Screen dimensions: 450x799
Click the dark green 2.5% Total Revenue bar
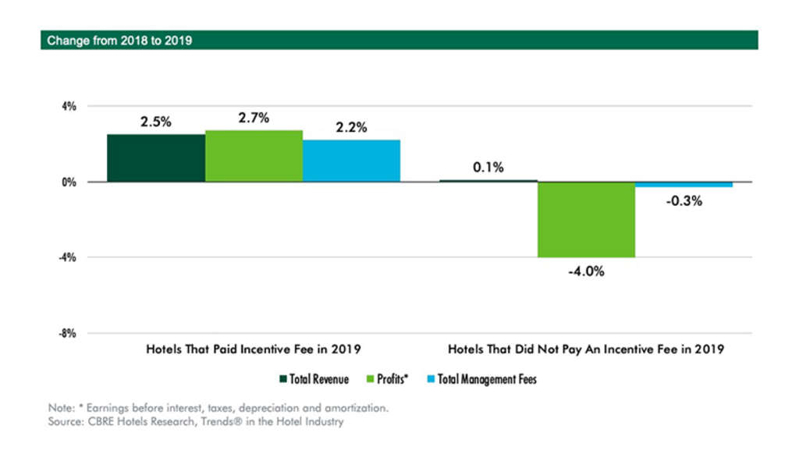156,158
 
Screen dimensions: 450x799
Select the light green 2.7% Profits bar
254,156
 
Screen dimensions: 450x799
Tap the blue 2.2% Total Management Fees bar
351,161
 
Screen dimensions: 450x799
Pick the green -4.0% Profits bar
586,219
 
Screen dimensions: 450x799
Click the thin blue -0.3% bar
684,185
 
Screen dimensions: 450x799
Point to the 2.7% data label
254,118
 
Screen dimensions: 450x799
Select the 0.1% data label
488,167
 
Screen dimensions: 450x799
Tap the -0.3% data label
684,200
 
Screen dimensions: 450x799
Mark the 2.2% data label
351,127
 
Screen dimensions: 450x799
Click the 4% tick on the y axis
69,106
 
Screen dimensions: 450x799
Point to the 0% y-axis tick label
69,182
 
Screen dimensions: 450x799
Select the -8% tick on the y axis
69,333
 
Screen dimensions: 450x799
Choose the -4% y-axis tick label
69,257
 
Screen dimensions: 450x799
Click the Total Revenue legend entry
313,380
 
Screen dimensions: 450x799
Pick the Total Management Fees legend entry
484,380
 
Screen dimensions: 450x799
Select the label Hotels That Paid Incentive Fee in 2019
254,349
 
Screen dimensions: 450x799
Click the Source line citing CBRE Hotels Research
194,422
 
